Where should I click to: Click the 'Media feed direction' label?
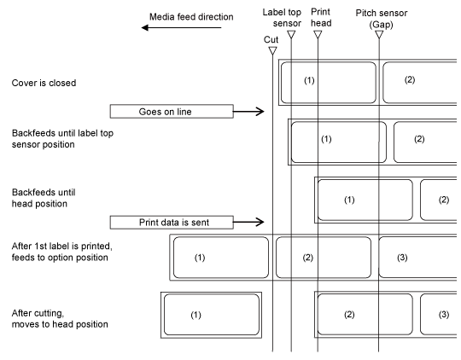click(191, 17)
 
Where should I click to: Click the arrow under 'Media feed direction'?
click(181, 27)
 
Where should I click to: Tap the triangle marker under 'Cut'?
click(273, 51)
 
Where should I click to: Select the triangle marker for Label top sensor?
click(291, 35)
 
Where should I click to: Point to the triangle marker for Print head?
click(318, 35)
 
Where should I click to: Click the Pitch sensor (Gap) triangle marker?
click(379, 35)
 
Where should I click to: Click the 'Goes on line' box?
click(172, 112)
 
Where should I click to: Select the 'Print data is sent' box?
click(172, 222)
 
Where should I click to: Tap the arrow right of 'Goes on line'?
click(248, 112)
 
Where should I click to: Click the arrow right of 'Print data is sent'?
click(248, 222)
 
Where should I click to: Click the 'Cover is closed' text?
click(44, 83)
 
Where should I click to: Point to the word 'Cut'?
click(271, 40)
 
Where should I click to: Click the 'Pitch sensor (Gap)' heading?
click(382, 18)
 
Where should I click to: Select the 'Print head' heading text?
click(321, 17)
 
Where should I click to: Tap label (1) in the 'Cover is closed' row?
click(329, 83)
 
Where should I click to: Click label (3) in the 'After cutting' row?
click(439, 315)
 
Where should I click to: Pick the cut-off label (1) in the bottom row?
click(212, 315)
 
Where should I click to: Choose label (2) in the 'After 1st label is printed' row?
click(324, 258)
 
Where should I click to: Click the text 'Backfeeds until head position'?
click(44, 198)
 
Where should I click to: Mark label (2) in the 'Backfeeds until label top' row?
click(425, 142)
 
